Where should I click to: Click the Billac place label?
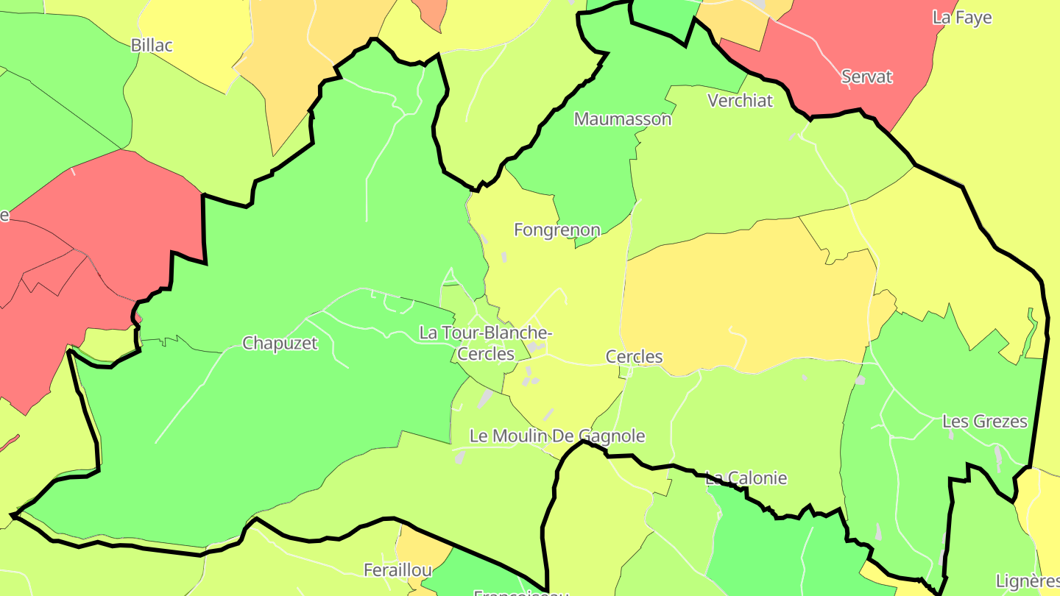tap(152, 46)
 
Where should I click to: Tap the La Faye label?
tap(962, 18)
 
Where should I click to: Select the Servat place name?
tap(866, 77)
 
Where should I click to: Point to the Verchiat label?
tap(740, 101)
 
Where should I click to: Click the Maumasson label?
tap(623, 118)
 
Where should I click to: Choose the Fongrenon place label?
tap(556, 230)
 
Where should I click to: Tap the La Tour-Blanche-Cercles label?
tap(486, 343)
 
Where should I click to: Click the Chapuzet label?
tap(280, 343)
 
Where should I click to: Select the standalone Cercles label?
tap(634, 357)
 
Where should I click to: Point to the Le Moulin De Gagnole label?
tap(557, 436)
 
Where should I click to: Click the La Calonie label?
tap(746, 478)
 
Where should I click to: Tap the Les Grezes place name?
tap(984, 422)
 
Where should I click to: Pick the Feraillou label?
tap(397, 570)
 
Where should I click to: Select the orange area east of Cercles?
tap(743, 294)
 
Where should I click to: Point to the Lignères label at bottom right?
tap(1027, 581)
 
